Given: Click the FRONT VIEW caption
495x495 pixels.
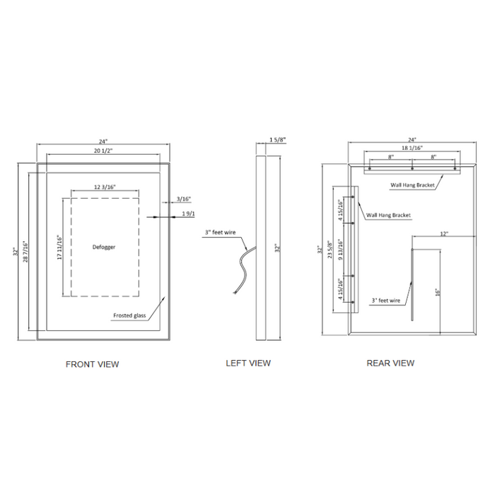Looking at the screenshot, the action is [x=92, y=364].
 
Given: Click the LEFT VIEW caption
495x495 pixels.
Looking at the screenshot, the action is [x=248, y=363].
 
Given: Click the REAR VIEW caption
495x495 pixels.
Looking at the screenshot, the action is [x=390, y=363].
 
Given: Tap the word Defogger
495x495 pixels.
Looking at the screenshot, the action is [x=104, y=247].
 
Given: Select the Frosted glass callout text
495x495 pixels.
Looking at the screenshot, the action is [x=129, y=315].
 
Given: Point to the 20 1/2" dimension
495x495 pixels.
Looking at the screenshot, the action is [x=103, y=151].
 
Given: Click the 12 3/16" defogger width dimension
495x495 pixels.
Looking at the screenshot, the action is [x=105, y=187].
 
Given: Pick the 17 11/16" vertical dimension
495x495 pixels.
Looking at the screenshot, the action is [x=59, y=248].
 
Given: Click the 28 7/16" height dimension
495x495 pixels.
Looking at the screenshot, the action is [x=25, y=252].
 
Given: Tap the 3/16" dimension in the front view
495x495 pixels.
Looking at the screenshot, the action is [x=184, y=199].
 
